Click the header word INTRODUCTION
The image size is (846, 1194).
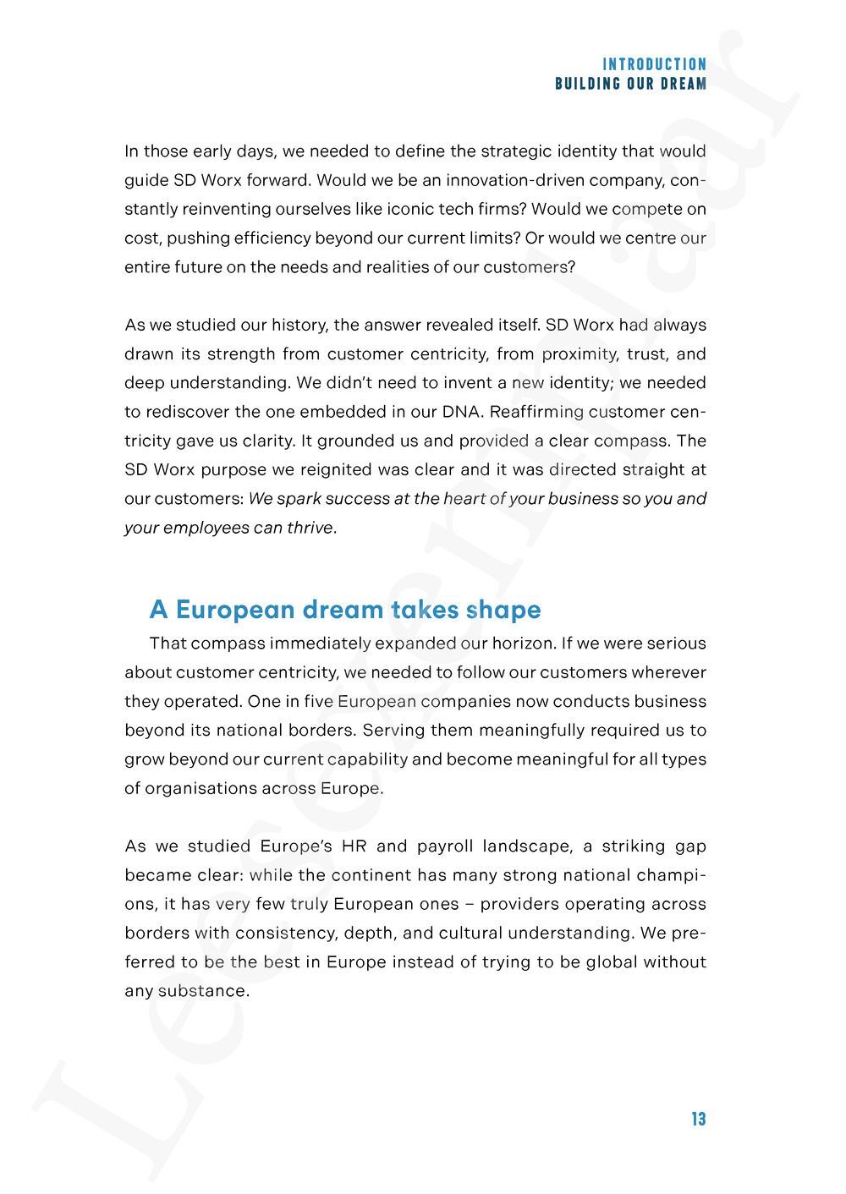click(x=654, y=64)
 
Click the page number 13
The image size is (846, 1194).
click(x=698, y=1119)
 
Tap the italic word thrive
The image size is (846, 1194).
click(x=311, y=528)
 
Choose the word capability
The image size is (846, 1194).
click(x=367, y=759)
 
